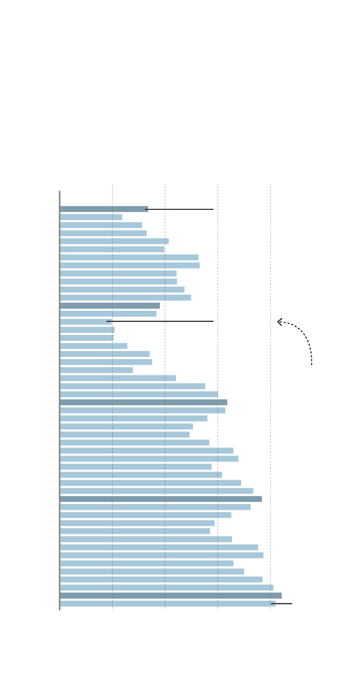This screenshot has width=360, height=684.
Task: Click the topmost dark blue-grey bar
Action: point(103,209)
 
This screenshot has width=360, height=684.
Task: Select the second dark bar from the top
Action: point(110,305)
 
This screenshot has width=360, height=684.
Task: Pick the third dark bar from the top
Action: point(143,402)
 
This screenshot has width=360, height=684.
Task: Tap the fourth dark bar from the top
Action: point(160,499)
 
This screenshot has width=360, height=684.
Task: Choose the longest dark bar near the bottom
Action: point(170,596)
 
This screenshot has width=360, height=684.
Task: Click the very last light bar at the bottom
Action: point(167,604)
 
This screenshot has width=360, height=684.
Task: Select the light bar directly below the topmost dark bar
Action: point(91,217)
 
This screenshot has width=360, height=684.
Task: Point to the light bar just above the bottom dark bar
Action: point(166,587)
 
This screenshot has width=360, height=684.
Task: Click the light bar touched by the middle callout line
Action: point(85,322)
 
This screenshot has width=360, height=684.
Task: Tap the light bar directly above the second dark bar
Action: point(125,298)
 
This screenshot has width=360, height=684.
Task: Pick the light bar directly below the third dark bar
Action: point(142,410)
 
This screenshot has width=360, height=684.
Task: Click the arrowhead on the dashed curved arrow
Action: point(280,322)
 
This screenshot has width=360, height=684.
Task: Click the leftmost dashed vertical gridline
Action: point(112,195)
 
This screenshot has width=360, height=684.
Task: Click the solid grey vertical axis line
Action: point(60,401)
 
